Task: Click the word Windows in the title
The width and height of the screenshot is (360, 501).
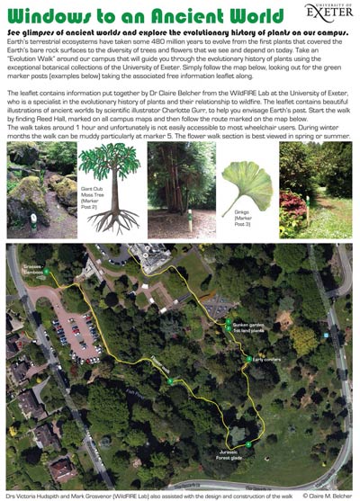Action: (47, 15)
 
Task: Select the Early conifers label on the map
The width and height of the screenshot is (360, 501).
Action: (267, 361)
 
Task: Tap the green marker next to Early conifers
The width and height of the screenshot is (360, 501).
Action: (247, 361)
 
